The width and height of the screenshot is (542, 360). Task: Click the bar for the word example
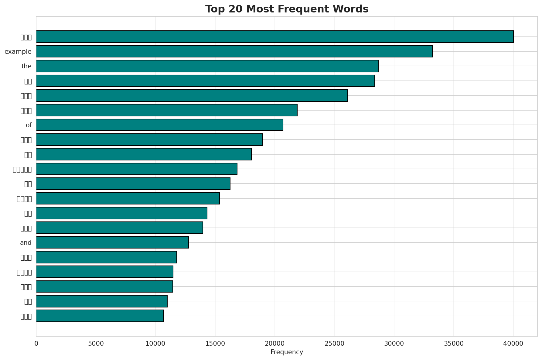click(234, 51)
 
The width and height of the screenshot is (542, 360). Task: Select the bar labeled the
click(207, 66)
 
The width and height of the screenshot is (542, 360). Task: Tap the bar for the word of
click(159, 125)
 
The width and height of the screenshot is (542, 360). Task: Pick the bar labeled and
click(112, 242)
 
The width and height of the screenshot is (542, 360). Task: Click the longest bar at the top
click(274, 36)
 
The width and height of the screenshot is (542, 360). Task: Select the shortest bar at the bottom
click(100, 316)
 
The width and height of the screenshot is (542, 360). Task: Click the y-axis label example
click(18, 52)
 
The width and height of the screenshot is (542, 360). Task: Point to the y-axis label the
click(26, 66)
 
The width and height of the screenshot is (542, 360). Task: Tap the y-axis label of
click(29, 125)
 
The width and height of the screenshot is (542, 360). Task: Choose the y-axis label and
click(26, 243)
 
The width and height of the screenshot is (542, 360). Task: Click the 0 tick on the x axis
click(36, 344)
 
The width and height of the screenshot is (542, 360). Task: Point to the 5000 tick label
click(96, 344)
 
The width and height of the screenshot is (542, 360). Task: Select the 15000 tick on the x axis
click(215, 344)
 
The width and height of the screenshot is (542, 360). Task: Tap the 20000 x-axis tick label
click(274, 344)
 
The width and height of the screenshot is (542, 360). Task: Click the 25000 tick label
click(334, 344)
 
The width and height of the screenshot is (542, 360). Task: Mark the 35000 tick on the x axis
click(454, 344)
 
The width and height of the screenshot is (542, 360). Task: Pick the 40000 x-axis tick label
click(513, 344)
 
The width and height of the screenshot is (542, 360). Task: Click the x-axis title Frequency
click(287, 352)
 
